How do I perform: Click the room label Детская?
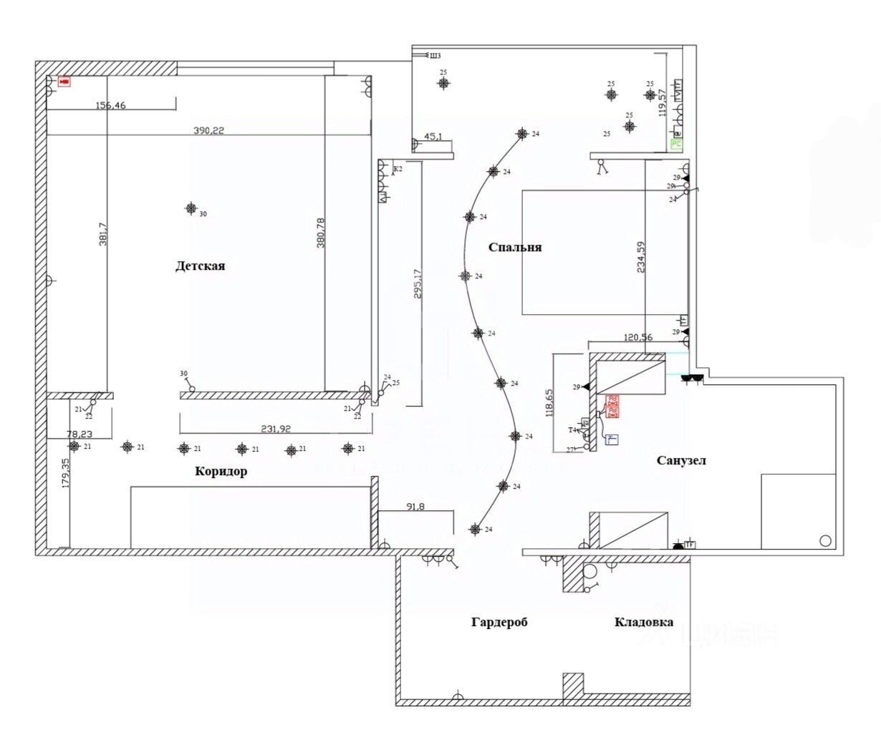(x=200, y=266)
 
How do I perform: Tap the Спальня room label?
(x=514, y=248)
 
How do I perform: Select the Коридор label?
(x=221, y=472)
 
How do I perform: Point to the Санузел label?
(x=681, y=460)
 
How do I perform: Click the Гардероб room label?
(x=499, y=623)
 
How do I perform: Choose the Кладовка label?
(x=643, y=623)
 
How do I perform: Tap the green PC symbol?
(x=676, y=144)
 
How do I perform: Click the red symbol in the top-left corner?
(x=64, y=82)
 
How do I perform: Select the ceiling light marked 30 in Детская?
(x=191, y=208)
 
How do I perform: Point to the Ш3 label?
(x=435, y=55)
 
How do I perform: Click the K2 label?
(x=398, y=169)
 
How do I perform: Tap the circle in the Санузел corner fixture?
(x=825, y=540)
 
